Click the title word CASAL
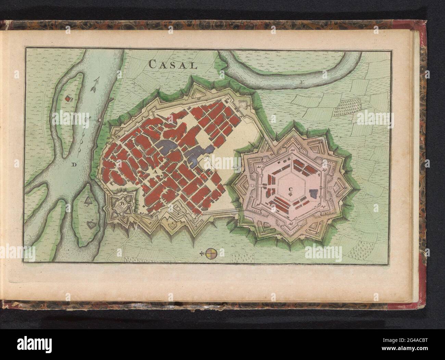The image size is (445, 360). point(173,64)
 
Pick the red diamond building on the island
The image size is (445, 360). point(68,99)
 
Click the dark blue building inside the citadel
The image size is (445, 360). point(314,193)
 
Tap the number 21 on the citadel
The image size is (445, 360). point(259,167)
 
